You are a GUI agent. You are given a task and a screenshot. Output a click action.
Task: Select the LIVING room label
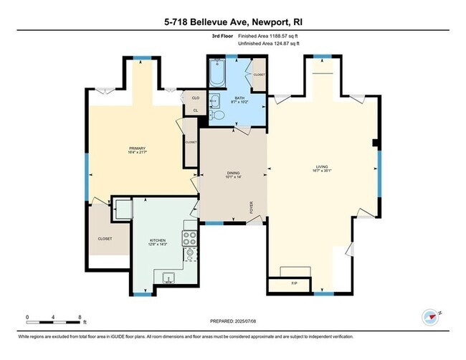[x=320, y=168]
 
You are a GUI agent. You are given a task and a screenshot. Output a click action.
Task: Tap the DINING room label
[x=233, y=173]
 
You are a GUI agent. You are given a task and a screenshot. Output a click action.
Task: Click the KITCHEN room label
[x=158, y=242]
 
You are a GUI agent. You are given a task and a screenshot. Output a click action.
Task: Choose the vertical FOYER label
[x=251, y=209]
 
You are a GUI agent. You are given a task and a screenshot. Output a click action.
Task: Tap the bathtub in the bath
[x=217, y=74]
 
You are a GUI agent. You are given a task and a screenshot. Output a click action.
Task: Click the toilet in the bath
[x=215, y=103]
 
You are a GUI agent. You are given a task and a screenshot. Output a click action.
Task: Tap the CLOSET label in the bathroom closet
[x=259, y=75]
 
